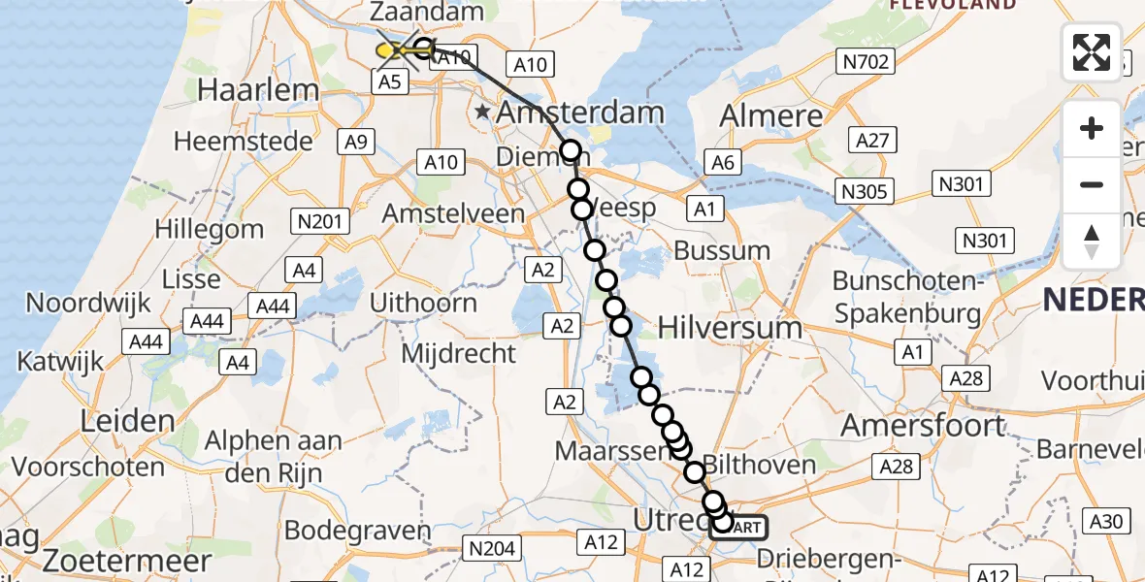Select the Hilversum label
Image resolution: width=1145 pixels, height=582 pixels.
(730, 328)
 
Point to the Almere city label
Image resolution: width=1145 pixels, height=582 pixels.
(771, 115)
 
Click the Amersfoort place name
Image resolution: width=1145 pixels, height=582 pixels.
(923, 425)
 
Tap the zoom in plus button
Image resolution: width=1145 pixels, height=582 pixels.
(1092, 128)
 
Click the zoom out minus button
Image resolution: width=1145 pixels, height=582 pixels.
(1092, 184)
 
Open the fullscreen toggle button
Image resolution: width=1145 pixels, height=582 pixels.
(1092, 52)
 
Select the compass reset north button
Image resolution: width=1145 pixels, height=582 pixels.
(1092, 241)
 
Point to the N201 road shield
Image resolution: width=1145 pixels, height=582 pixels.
(320, 221)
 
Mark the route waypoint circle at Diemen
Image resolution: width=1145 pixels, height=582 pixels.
(570, 150)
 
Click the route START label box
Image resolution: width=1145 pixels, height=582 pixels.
(740, 527)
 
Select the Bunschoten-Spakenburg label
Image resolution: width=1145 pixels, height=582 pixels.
(907, 298)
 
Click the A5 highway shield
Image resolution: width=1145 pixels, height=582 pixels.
(389, 82)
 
